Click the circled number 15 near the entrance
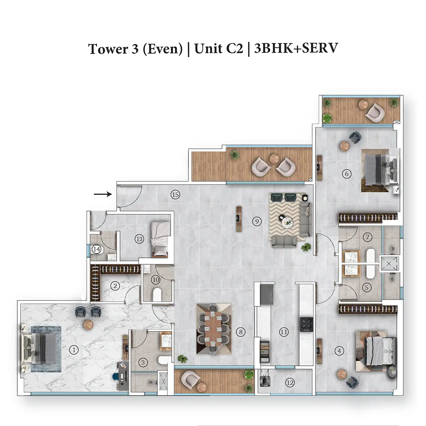pyautogui.click(x=175, y=195)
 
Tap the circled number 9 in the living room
pyautogui.click(x=257, y=221)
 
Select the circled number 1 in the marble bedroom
pyautogui.click(x=74, y=350)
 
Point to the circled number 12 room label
pyautogui.click(x=290, y=382)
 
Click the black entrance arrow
pyautogui.click(x=103, y=194)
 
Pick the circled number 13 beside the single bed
pyautogui.click(x=139, y=239)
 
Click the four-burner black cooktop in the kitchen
pyautogui.click(x=307, y=324)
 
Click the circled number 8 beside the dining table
pyautogui.click(x=241, y=331)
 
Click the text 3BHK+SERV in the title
pyautogui.click(x=296, y=48)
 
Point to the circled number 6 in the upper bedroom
pyautogui.click(x=347, y=174)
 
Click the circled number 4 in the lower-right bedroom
pyautogui.click(x=339, y=350)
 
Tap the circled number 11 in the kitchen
pyautogui.click(x=284, y=332)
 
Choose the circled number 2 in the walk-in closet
pyautogui.click(x=115, y=286)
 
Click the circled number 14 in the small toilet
pyautogui.click(x=97, y=249)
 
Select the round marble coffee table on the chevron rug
pyautogui.click(x=288, y=221)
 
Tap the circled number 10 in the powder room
pyautogui.click(x=156, y=280)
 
